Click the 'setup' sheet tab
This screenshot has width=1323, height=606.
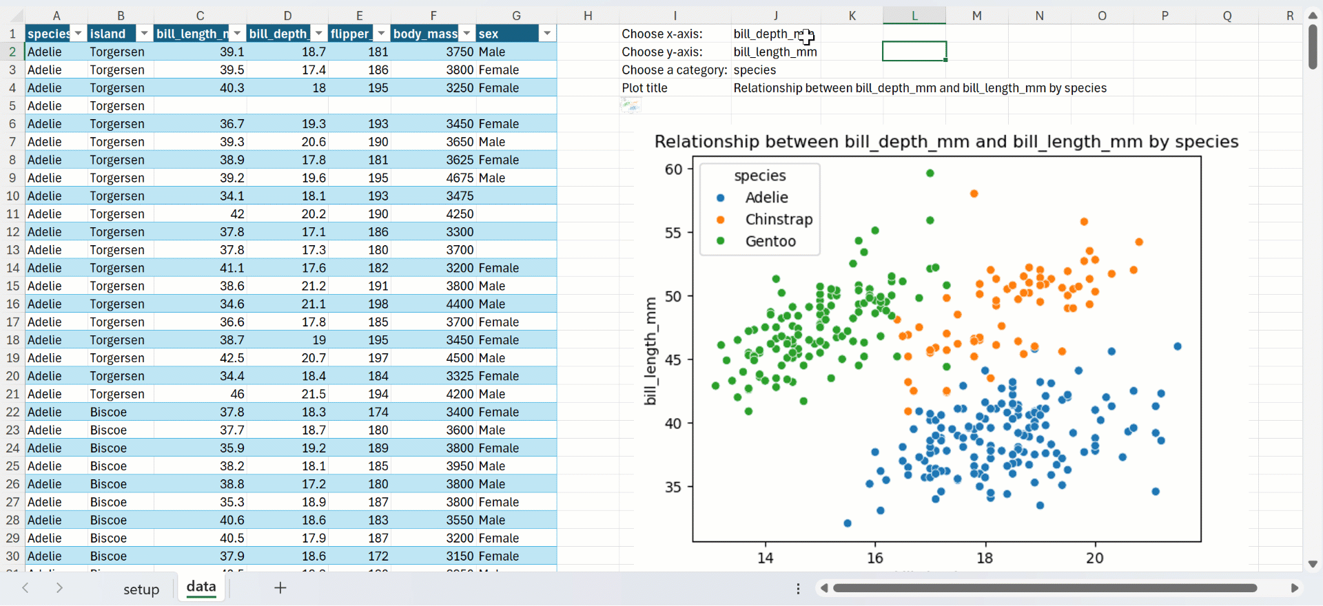click(x=141, y=589)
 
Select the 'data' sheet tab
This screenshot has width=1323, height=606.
click(x=201, y=587)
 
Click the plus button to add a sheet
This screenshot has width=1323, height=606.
click(x=280, y=588)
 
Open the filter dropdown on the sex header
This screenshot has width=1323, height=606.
click(x=547, y=34)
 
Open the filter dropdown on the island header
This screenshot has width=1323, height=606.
click(x=144, y=34)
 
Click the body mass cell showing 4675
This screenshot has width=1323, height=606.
click(x=460, y=178)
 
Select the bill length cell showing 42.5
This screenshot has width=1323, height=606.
click(x=232, y=358)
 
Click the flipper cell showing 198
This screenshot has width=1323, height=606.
click(x=378, y=304)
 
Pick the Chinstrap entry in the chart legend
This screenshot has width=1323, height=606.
click(x=779, y=220)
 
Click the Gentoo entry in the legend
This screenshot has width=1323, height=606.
click(x=770, y=242)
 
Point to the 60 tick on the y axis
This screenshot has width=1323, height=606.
click(x=673, y=169)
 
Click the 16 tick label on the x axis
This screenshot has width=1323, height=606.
click(x=875, y=558)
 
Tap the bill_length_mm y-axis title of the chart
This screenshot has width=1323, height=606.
click(x=650, y=351)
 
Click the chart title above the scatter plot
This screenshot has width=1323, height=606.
click(x=946, y=142)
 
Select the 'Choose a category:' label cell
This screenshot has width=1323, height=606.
click(x=674, y=70)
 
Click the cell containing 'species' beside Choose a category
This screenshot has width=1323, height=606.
click(x=755, y=70)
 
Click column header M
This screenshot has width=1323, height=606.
click(x=977, y=15)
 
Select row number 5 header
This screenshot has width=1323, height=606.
click(x=12, y=106)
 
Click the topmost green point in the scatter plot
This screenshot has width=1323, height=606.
click(x=930, y=174)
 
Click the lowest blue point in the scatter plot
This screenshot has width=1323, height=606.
click(x=848, y=523)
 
